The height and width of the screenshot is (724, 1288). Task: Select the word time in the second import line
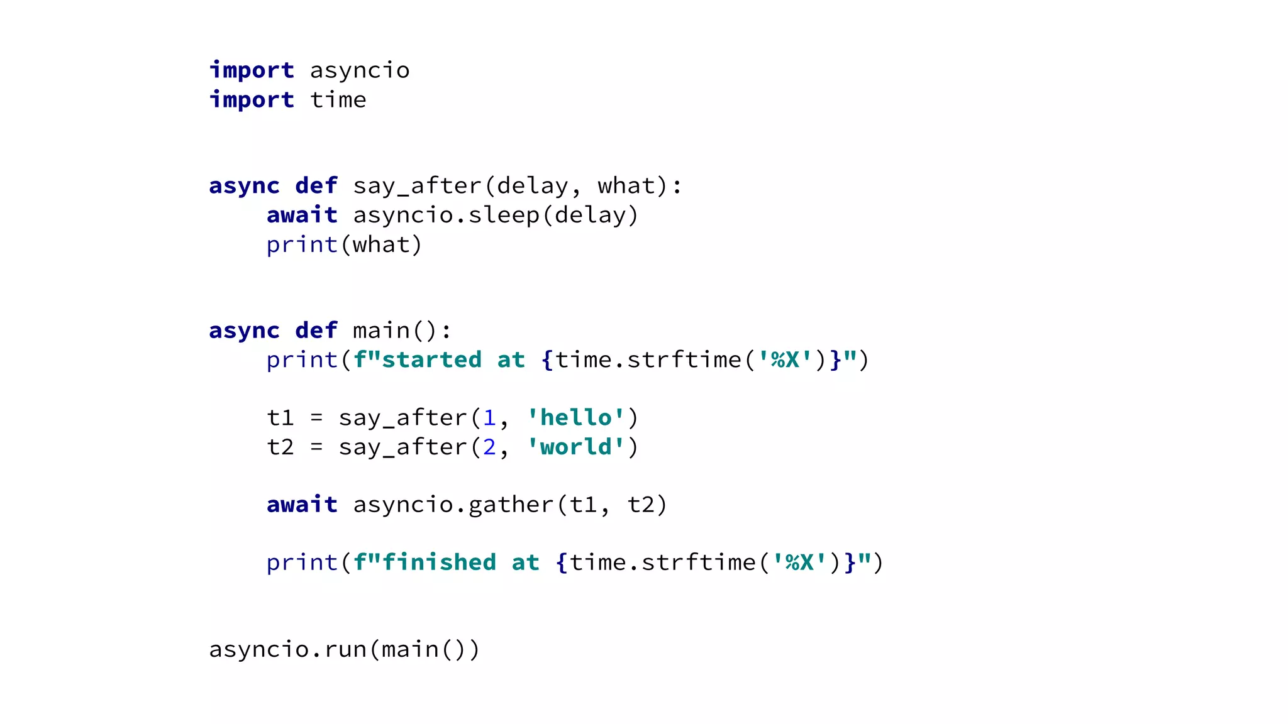click(338, 100)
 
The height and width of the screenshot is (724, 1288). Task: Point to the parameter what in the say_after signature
click(626, 186)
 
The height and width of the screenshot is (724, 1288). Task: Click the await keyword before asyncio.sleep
click(302, 215)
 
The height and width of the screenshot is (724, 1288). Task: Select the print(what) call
click(344, 244)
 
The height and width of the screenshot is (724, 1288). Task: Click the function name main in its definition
click(381, 331)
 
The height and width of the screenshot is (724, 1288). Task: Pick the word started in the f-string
click(431, 360)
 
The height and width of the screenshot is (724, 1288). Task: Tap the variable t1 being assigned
click(280, 418)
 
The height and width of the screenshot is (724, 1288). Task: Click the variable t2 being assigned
click(280, 447)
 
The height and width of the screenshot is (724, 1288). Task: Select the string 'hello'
click(576, 418)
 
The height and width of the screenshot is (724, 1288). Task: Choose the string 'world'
click(576, 447)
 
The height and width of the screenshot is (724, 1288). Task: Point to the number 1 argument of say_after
click(489, 418)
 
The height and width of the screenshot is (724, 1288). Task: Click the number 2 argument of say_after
click(489, 447)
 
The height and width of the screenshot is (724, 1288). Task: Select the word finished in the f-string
click(439, 562)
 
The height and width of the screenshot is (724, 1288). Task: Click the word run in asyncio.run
click(345, 649)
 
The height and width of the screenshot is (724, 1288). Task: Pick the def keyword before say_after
click(316, 186)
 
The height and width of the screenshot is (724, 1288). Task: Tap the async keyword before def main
click(244, 331)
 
